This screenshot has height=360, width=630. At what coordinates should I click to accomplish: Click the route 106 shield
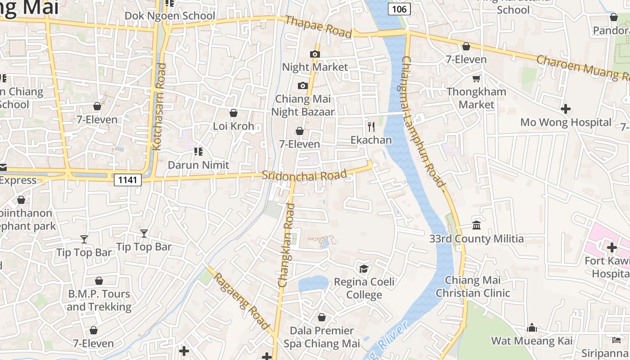click(x=399, y=9)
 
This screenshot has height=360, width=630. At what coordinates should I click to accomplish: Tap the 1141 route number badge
click(x=128, y=180)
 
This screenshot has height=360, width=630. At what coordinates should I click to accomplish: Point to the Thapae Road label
click(x=318, y=27)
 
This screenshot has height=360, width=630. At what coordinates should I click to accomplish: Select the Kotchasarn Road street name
click(x=159, y=107)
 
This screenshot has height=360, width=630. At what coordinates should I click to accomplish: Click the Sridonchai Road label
click(x=305, y=175)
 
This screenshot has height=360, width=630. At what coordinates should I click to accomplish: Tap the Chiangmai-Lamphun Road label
click(x=423, y=121)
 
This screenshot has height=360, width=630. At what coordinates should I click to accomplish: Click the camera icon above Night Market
click(x=315, y=54)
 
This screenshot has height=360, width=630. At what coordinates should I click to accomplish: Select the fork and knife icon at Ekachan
click(x=371, y=127)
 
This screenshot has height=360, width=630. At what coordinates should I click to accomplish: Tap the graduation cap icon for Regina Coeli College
click(x=364, y=269)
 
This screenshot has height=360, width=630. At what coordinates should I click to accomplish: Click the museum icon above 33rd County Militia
click(x=477, y=225)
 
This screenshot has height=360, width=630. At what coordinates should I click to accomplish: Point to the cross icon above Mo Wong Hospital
click(x=566, y=109)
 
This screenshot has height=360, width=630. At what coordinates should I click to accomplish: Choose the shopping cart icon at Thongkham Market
click(x=477, y=79)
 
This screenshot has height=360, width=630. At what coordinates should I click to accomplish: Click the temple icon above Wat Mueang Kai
click(x=532, y=328)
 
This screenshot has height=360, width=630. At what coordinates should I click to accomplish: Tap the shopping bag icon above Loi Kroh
click(x=234, y=113)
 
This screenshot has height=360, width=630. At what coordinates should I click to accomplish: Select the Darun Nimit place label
click(x=198, y=165)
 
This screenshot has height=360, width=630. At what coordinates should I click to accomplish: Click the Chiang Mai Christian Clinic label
click(x=472, y=287)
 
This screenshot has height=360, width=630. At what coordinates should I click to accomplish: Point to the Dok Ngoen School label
click(x=170, y=16)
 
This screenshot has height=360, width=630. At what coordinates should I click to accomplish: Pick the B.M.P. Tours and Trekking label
click(x=99, y=300)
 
